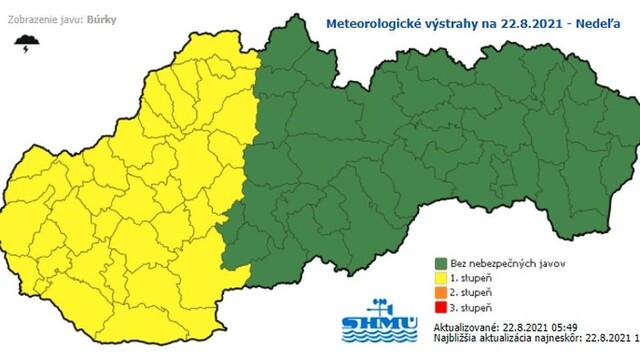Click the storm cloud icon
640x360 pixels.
tap(24, 43)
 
